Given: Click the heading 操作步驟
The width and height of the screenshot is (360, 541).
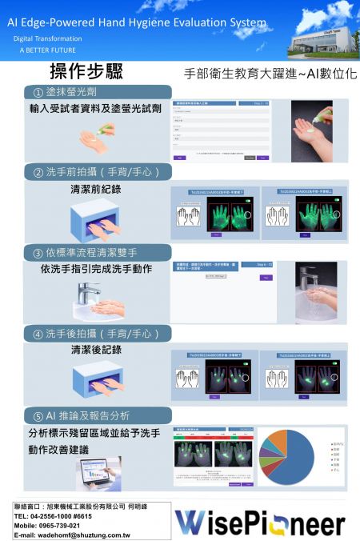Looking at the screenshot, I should pos(87,73).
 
